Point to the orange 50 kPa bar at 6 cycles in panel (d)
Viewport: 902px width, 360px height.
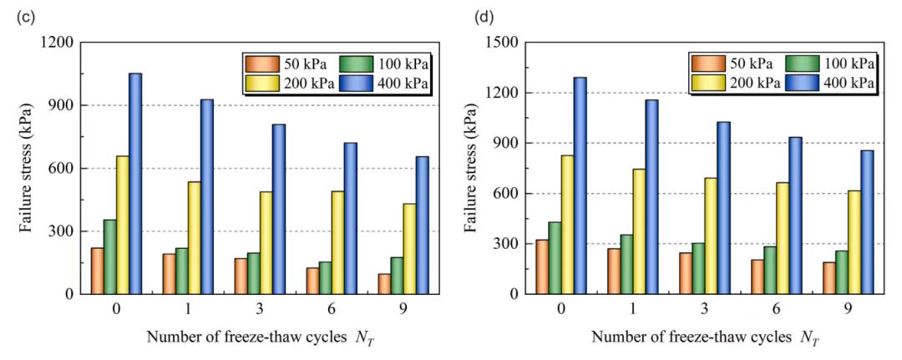[x=757, y=276]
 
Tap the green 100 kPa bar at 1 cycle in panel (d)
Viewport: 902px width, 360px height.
[x=626, y=264]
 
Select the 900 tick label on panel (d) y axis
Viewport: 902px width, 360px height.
[x=506, y=143]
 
